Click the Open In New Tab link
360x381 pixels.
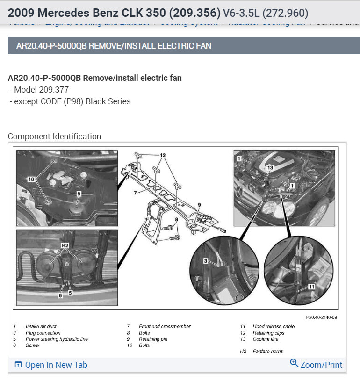51,365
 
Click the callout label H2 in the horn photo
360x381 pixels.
65,245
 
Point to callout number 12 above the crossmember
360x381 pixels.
162,155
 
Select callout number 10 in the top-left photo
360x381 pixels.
31,179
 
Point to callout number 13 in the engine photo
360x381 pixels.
269,167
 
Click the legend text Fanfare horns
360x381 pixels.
267,351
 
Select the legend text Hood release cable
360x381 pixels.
274,326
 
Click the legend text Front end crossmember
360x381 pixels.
165,326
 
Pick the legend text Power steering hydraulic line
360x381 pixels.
57,339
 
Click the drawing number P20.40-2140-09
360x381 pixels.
321,317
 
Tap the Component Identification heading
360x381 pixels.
54,137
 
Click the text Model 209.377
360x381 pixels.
42,89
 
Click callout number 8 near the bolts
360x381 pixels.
176,219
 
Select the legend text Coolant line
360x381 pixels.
265,339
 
